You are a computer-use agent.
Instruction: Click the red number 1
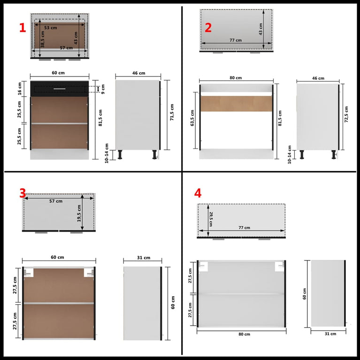[23, 28]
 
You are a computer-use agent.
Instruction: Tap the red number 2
[208, 28]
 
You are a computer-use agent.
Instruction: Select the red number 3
[23, 193]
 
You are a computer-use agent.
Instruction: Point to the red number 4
[198, 193]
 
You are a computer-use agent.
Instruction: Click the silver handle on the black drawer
[60, 89]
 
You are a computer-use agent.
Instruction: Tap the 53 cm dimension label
[51, 28]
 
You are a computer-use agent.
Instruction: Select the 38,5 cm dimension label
[43, 39]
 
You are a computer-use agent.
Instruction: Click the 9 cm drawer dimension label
[103, 89]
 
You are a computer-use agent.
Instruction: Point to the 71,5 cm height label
[172, 112]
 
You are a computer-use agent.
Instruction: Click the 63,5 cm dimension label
[192, 118]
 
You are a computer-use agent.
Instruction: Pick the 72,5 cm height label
[346, 114]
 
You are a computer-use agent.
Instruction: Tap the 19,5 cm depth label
[79, 213]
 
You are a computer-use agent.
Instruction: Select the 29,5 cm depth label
[211, 219]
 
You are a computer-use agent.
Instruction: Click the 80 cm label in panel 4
[244, 334]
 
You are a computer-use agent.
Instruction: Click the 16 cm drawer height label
[20, 89]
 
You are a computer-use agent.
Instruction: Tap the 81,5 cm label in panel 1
[100, 118]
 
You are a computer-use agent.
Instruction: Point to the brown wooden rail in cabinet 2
[237, 104]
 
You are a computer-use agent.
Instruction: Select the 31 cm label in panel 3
[144, 258]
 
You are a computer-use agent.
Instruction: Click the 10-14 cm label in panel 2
[289, 154]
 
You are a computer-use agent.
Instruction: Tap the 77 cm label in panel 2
[236, 40]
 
